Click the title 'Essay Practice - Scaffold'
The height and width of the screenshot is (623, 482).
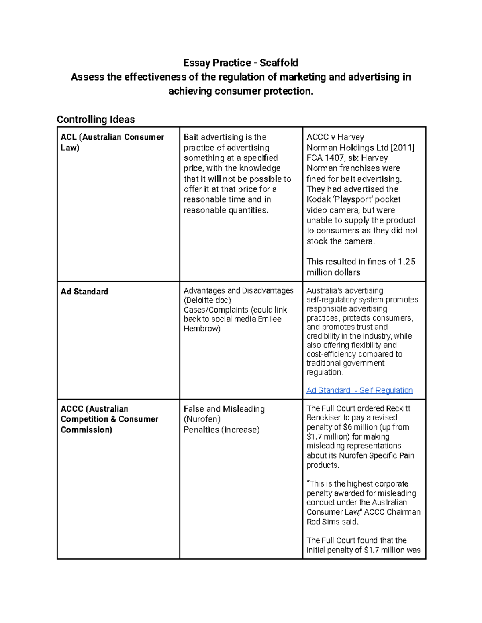(241, 63)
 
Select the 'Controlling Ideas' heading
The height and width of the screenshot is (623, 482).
(96, 119)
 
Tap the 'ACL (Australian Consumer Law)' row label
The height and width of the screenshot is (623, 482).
(112, 142)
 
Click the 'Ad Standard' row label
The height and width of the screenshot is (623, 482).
(84, 292)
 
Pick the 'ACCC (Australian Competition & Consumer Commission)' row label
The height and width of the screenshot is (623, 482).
(109, 419)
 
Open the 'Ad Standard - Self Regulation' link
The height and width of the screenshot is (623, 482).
(359, 390)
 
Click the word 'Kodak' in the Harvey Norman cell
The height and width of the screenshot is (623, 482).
(319, 199)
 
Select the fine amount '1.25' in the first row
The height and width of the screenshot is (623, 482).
(406, 262)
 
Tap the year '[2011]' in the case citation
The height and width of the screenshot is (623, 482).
(401, 148)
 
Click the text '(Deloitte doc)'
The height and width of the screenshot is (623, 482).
(207, 300)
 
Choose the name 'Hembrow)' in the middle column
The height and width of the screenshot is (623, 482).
(202, 329)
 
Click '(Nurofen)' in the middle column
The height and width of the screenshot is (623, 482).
(202, 419)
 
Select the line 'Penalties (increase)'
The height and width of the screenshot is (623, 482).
(221, 430)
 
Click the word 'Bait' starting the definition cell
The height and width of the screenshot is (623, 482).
(191, 137)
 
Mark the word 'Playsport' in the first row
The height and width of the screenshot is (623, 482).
(353, 199)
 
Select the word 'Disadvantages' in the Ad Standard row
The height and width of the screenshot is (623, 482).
(268, 291)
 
